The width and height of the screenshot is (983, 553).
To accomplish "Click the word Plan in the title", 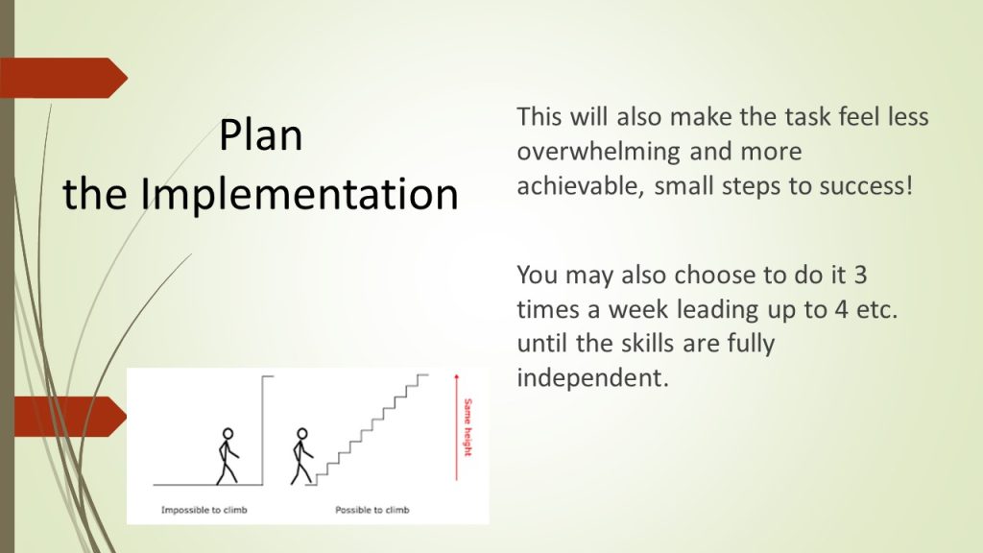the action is (261, 135).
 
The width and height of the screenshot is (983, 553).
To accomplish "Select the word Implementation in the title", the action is (300, 195).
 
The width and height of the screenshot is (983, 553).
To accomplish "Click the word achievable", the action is (581, 185).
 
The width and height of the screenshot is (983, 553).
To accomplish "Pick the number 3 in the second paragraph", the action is (860, 275).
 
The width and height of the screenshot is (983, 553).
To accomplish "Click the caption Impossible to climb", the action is (204, 510).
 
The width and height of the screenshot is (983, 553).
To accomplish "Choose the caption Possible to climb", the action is (372, 510).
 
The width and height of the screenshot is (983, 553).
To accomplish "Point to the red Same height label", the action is (468, 427).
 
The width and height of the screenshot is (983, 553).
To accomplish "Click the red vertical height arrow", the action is (456, 427).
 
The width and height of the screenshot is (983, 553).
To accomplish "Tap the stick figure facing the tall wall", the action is (228, 456).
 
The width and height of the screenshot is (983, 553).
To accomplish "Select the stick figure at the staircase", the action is (301, 456).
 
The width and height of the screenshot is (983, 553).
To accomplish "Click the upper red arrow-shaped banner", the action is (62, 78).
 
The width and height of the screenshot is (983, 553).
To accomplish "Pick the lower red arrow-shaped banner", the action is (69, 417).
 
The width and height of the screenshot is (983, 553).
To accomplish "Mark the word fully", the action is (751, 345).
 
